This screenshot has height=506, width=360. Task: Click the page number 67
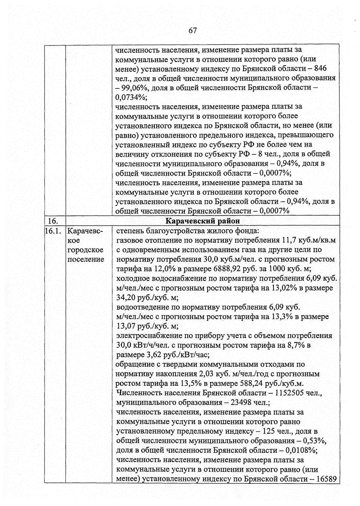pyautogui.click(x=193, y=31)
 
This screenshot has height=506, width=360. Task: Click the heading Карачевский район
pyautogui.click(x=203, y=221)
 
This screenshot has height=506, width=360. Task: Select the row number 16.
pyautogui.click(x=53, y=221)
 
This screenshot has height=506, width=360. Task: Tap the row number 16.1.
pyautogui.click(x=53, y=231)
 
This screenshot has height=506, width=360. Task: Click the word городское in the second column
pyautogui.click(x=85, y=250)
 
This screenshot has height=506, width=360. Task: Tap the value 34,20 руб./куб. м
pyautogui.click(x=147, y=298)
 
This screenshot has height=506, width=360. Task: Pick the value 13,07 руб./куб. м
pyautogui.click(x=147, y=326)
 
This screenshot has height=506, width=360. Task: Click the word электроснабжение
pyautogui.click(x=143, y=336)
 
